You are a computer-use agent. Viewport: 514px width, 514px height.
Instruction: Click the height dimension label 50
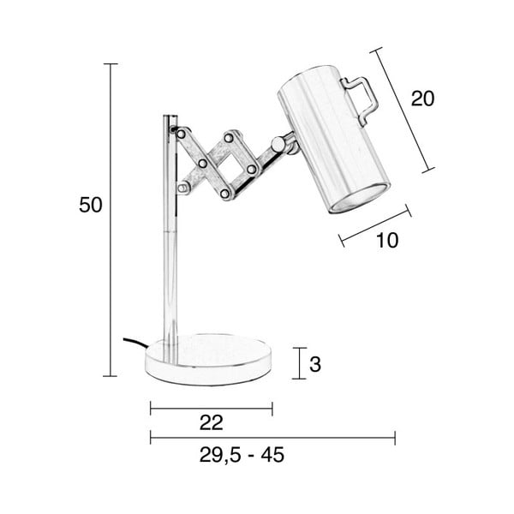[x=90, y=206]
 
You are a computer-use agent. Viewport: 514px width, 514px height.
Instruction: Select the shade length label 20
[x=422, y=99]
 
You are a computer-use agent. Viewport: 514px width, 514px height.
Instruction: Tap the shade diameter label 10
[x=387, y=241]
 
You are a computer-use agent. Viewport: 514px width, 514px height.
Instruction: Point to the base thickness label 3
[x=314, y=364]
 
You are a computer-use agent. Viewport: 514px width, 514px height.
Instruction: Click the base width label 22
[x=211, y=422]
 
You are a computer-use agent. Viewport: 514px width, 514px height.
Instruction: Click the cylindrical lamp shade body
[x=330, y=137]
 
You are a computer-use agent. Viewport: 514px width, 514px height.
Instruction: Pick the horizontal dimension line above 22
[x=211, y=407]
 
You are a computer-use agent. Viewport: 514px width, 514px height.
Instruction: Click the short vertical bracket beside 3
[x=296, y=363]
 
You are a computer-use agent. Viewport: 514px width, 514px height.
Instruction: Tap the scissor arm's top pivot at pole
[x=176, y=131]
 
